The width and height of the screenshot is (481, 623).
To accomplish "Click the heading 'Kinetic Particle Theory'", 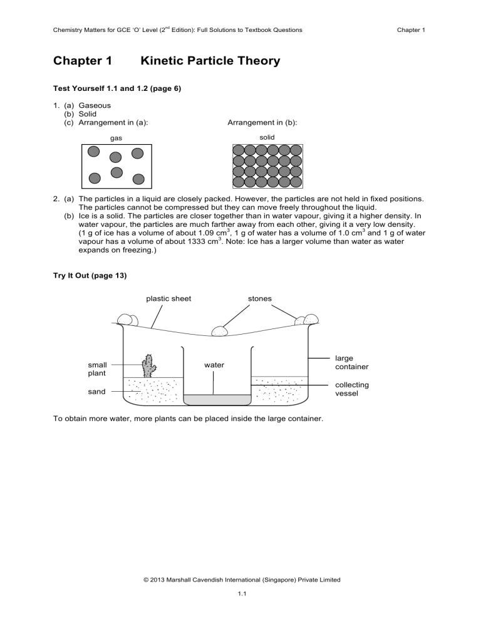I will tap(210, 61).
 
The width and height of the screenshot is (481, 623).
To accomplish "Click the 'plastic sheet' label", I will tap(168, 298).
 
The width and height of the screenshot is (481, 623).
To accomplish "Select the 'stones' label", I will tap(259, 298).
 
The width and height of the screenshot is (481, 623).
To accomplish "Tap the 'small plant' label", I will tap(97, 369).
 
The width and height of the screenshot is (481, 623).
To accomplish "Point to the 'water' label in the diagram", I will tap(214, 364).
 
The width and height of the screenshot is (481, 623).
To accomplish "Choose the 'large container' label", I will tap(351, 362).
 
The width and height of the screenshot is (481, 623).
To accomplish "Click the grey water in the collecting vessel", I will tap(216, 399).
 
